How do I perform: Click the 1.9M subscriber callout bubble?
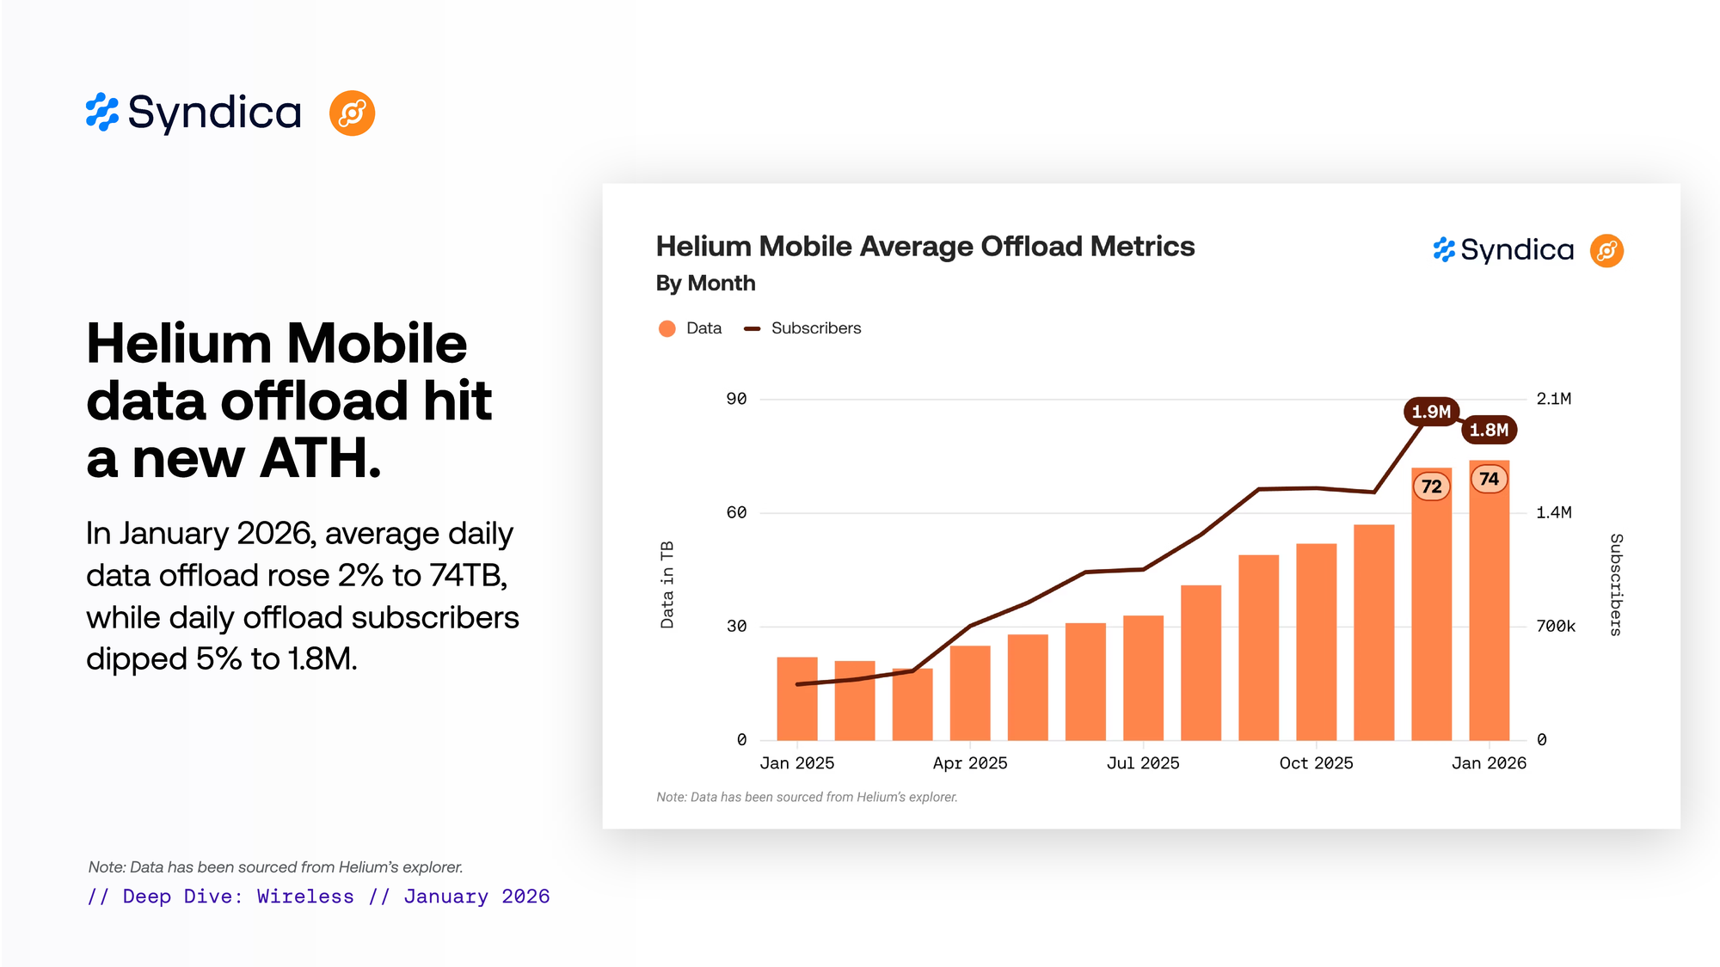tap(1431, 412)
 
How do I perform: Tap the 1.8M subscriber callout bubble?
tap(1489, 430)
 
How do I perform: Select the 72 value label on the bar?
tap(1431, 487)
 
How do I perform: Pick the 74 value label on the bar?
tap(1489, 479)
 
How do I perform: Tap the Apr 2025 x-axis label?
tap(970, 763)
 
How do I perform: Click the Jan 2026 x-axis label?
tap(1489, 763)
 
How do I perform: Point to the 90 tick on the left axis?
tap(736, 399)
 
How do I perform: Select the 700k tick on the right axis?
tap(1556, 627)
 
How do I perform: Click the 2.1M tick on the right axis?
tap(1554, 399)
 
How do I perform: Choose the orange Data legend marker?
tap(666, 328)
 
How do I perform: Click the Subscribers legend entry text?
tap(815, 328)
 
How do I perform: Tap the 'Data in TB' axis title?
tap(667, 584)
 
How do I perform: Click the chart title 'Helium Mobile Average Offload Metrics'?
tap(924, 247)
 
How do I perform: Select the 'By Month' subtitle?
tap(705, 284)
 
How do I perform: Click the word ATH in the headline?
tap(319, 459)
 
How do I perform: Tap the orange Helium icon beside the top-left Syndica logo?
tap(352, 113)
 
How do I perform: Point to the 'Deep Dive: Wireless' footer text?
tap(238, 897)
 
